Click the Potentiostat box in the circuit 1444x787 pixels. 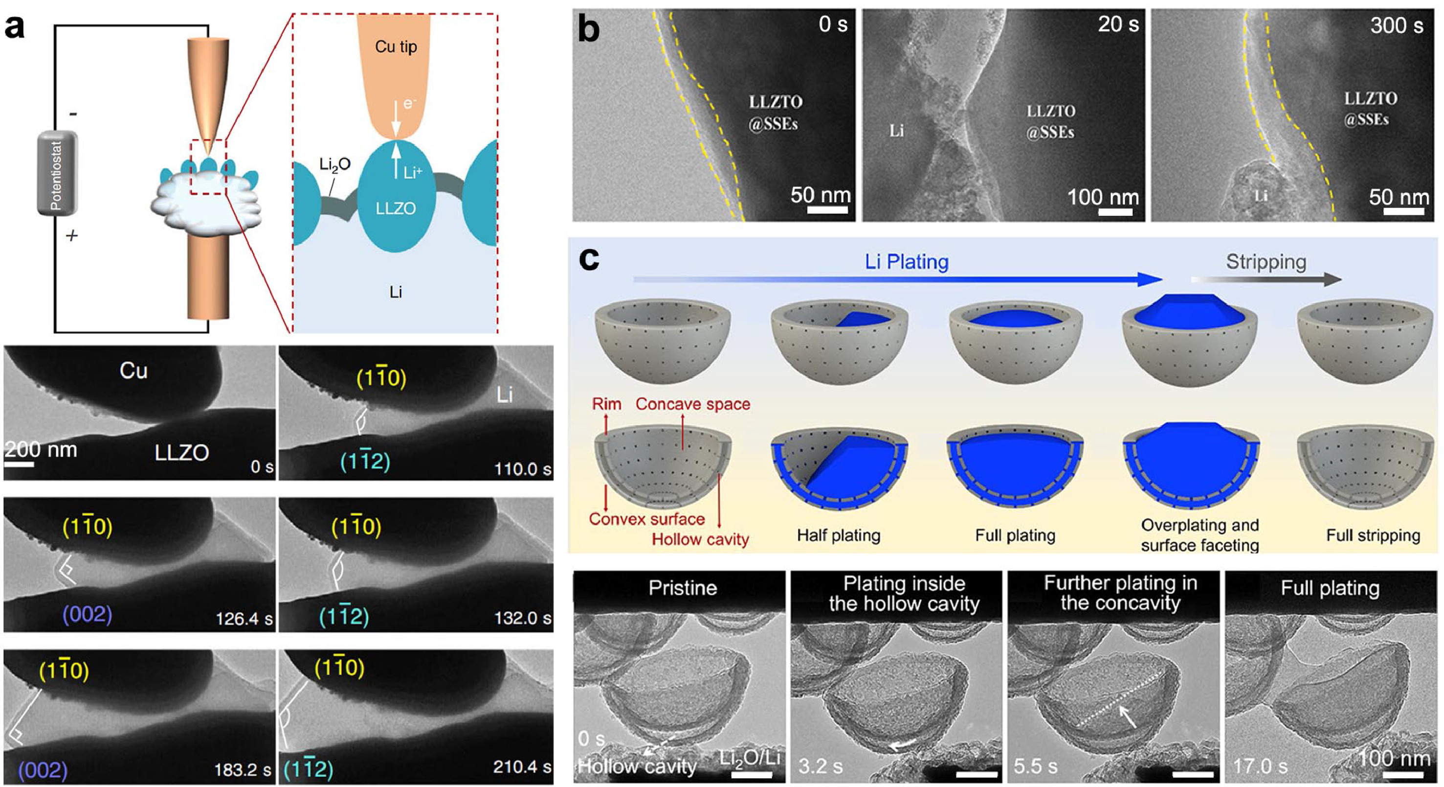click(57, 173)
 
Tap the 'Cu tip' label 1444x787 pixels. click(396, 46)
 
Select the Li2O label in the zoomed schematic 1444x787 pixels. click(334, 164)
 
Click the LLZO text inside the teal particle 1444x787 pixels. click(395, 208)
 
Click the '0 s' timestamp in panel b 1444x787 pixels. click(832, 24)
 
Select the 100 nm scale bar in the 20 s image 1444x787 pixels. click(1115, 212)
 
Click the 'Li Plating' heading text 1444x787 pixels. click(907, 262)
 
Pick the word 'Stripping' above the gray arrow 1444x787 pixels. click(1266, 262)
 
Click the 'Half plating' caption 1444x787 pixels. click(838, 535)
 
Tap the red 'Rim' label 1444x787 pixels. click(606, 404)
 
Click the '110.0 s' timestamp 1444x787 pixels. click(522, 469)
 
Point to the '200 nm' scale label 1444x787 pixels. click(41, 450)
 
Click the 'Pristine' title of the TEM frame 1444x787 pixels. click(682, 588)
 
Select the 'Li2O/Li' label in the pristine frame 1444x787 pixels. click(750, 759)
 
